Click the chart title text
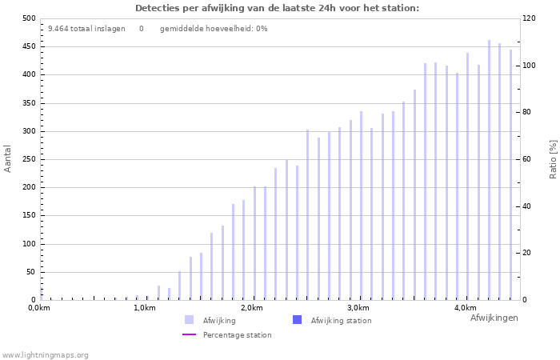276,8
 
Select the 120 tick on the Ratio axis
530,18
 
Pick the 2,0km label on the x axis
251,308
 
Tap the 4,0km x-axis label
465,308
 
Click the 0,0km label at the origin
39,308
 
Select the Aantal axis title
8,158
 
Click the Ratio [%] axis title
553,158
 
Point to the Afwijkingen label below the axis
494,318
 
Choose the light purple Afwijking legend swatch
190,320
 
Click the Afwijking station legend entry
341,320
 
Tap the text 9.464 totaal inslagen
86,29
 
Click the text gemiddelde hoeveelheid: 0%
214,29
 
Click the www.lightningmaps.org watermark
45,354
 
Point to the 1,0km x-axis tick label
145,308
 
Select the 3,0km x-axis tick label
358,308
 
